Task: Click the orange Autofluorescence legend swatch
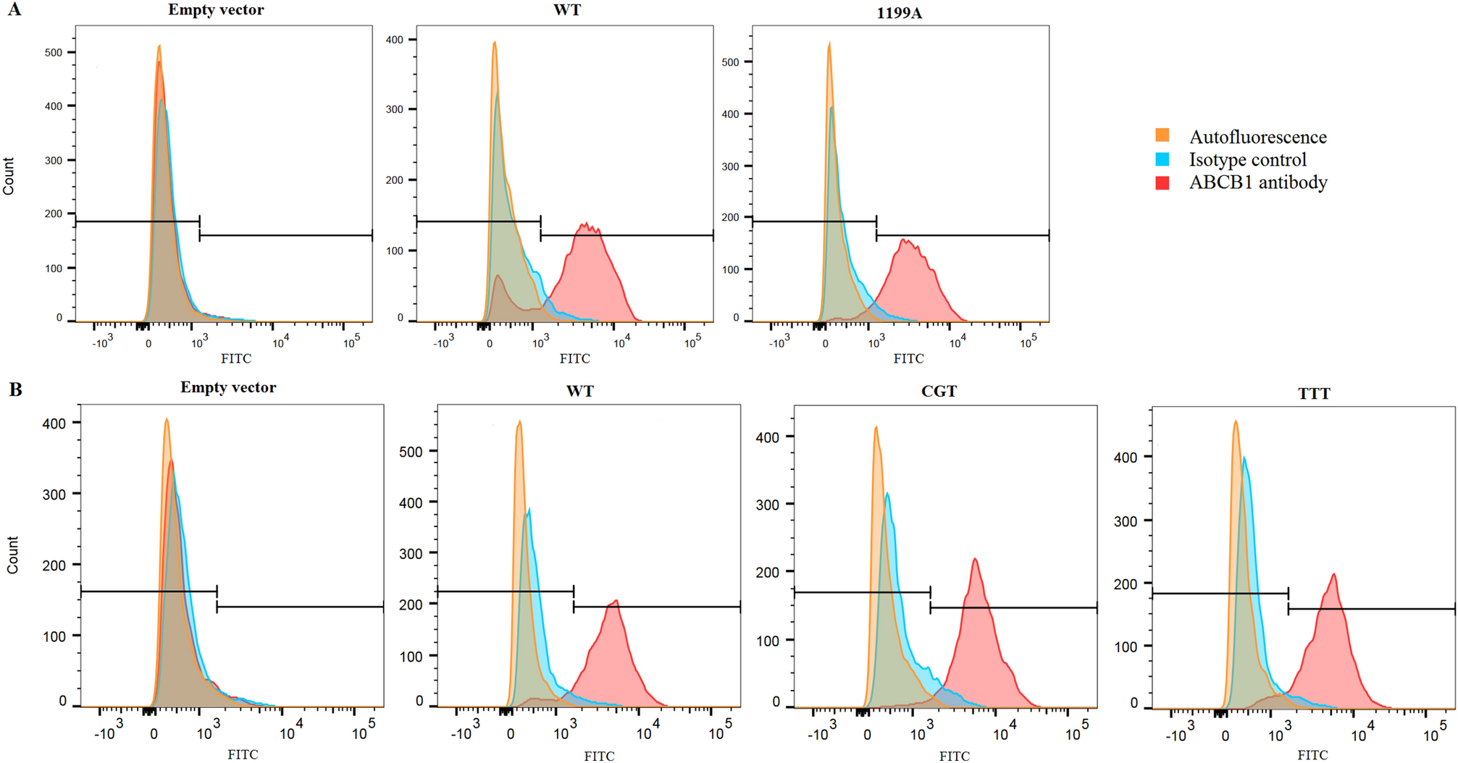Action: tap(1162, 135)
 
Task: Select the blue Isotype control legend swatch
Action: tap(1162, 159)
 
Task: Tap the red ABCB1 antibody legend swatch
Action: tap(1162, 182)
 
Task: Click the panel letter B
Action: tap(15, 390)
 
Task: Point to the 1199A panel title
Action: tap(899, 13)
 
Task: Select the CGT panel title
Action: tap(939, 392)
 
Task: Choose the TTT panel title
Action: tap(1314, 394)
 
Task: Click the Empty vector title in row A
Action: tap(216, 10)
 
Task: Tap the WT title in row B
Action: tap(579, 392)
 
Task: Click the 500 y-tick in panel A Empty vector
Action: tap(54, 52)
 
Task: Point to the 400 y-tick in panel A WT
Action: tap(394, 40)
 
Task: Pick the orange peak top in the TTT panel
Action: tap(1236, 421)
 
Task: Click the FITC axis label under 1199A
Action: tap(908, 358)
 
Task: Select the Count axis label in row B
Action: tap(12, 555)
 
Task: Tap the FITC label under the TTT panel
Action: tap(1312, 755)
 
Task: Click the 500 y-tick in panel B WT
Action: tap(411, 451)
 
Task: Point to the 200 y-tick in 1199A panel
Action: tap(730, 217)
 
